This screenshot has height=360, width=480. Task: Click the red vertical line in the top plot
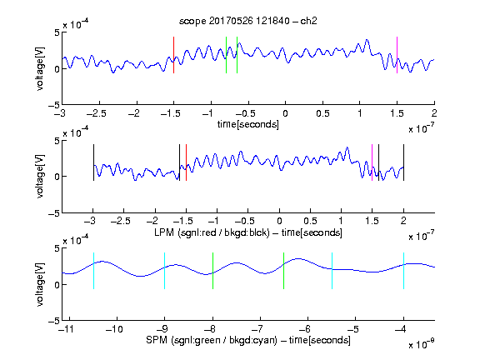point(173,55)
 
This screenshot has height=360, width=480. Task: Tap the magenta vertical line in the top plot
point(397,55)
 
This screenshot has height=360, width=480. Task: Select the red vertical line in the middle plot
point(186,162)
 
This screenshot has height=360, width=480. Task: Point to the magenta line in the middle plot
point(372,162)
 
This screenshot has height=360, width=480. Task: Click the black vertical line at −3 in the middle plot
point(93,162)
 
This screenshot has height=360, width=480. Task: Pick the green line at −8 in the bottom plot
point(212,271)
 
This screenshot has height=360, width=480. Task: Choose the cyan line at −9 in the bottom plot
point(164,271)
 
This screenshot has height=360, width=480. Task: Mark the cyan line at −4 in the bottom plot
point(404,271)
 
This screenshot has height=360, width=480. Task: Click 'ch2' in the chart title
point(308,21)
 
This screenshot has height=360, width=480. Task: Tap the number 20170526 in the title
point(231,21)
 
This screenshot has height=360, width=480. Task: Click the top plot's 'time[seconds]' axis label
point(248,124)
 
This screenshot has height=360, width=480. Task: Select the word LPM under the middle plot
point(164,232)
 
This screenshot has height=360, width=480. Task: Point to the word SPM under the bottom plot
point(157,340)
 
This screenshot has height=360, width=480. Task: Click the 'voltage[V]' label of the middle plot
point(40,176)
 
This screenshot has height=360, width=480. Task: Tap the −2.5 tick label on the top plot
point(97,113)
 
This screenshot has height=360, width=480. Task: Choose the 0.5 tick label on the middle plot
point(310,221)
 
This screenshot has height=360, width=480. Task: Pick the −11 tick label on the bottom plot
point(67,329)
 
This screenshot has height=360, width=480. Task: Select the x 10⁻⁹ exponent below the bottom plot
point(421,344)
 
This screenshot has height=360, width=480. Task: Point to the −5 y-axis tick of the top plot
point(54,105)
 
